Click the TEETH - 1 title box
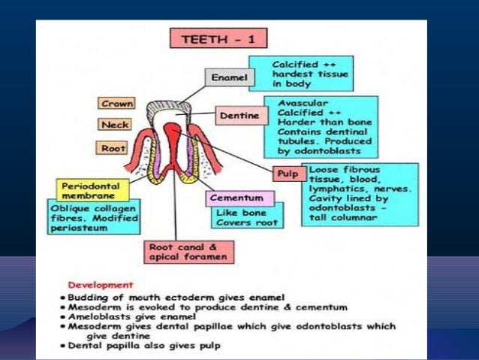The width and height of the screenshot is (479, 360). click(x=218, y=38)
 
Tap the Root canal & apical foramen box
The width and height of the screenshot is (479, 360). click(x=189, y=251)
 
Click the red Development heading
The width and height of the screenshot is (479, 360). click(x=101, y=286)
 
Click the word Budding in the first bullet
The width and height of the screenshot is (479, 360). click(x=95, y=297)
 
